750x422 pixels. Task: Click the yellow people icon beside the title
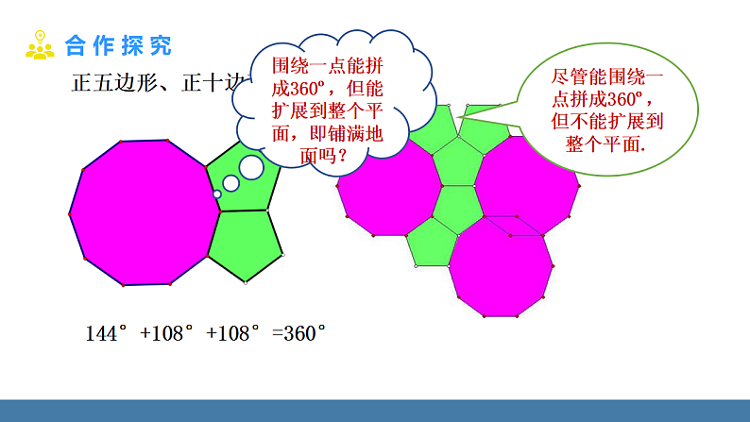39,44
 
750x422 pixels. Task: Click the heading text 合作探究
118,44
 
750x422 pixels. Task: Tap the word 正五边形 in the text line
109,82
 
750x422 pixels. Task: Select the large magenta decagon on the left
144,212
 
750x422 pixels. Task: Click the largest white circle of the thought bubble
251,167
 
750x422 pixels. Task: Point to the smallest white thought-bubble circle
217,194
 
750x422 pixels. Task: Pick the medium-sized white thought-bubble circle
231,182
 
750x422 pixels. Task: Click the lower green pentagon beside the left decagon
247,243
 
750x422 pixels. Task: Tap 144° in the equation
106,333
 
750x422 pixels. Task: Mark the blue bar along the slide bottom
375,411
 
